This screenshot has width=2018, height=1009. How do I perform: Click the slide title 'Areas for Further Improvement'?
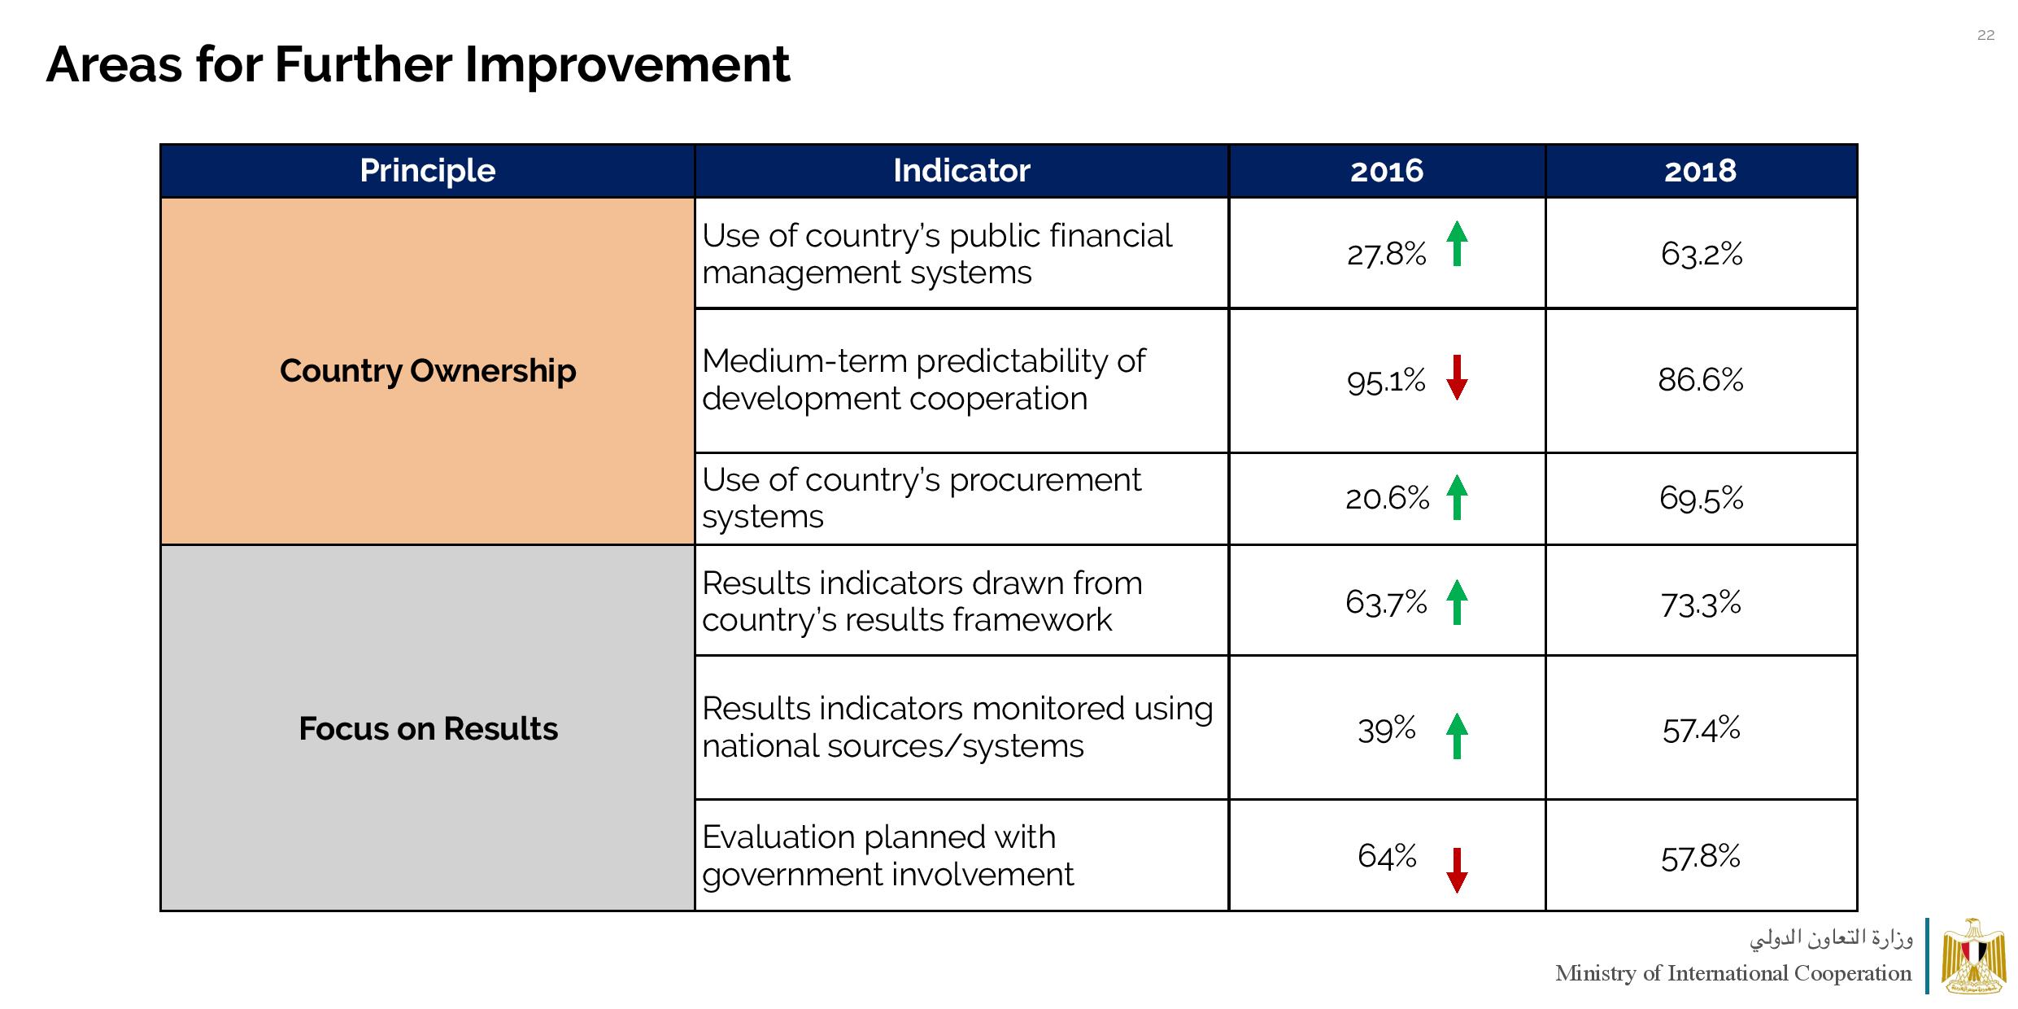[x=417, y=64]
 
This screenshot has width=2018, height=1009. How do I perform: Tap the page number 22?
[x=1985, y=35]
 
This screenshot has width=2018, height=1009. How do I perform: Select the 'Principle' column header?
[x=427, y=171]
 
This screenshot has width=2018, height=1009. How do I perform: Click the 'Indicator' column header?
[x=961, y=171]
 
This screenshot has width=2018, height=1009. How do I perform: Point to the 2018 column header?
[x=1700, y=171]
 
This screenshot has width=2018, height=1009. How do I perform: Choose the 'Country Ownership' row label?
[x=427, y=371]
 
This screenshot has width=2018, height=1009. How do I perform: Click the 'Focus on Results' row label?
[x=428, y=728]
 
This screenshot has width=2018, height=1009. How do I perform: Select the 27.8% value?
[x=1386, y=255]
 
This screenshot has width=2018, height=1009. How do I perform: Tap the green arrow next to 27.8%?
[x=1457, y=244]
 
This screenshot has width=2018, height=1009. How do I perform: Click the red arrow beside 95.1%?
[x=1457, y=378]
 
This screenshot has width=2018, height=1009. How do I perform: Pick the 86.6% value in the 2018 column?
[x=1700, y=380]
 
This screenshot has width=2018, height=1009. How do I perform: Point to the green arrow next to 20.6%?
[x=1457, y=497]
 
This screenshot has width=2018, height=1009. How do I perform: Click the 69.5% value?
[x=1701, y=498]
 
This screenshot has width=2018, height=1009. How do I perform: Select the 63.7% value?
[x=1386, y=603]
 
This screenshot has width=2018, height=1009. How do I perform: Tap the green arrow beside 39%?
[x=1457, y=736]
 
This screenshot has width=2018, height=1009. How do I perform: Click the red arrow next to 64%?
[x=1457, y=870]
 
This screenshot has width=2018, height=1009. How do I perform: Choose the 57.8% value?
[x=1700, y=857]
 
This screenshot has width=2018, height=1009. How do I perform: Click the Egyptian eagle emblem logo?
[x=1972, y=957]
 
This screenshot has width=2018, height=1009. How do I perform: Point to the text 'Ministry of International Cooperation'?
[x=1733, y=973]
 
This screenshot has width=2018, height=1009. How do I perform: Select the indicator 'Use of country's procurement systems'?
[x=921, y=498]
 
